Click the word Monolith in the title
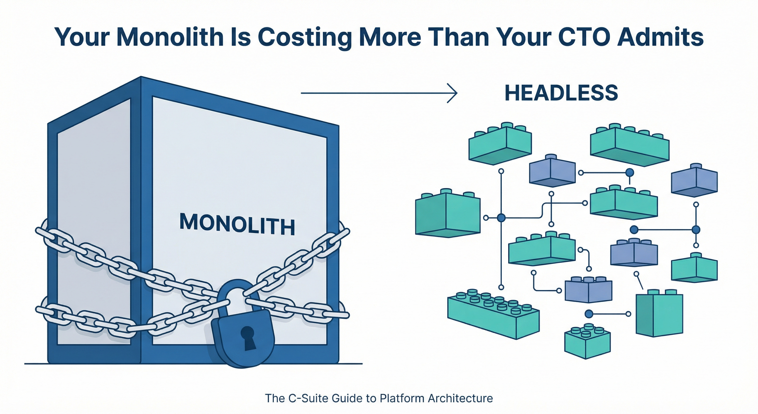click(x=170, y=37)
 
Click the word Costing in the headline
click(x=304, y=37)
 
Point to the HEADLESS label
click(x=561, y=93)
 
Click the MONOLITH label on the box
click(x=237, y=225)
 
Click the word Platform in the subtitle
click(x=402, y=398)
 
